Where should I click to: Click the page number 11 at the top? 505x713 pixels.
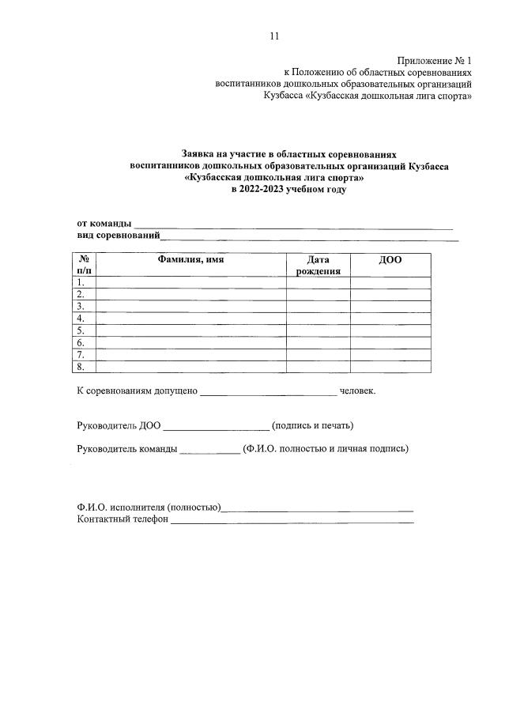[274, 36]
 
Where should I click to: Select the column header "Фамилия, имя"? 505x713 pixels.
[190, 260]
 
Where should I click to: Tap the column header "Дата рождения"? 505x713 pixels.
[318, 265]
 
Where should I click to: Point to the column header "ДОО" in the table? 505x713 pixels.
[390, 260]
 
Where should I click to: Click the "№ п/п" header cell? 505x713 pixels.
[84, 265]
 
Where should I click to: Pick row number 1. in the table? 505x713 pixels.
[81, 282]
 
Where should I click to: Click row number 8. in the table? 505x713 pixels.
[81, 367]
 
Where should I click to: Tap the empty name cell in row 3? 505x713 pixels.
[190, 306]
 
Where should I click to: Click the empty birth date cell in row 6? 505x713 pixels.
[318, 342]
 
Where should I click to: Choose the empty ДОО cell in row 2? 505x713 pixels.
[390, 294]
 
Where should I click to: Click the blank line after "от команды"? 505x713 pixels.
[292, 226]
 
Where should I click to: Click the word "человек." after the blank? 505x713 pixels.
[358, 391]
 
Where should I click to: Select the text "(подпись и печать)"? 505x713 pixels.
[312, 425]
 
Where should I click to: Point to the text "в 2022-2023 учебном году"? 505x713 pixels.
[288, 191]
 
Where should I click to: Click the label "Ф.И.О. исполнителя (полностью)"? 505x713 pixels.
[149, 507]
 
